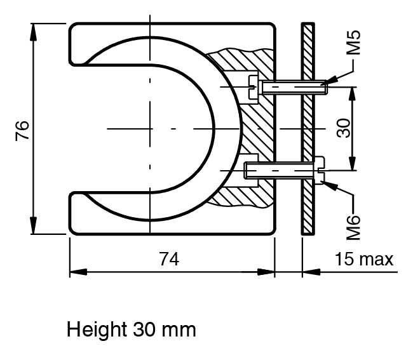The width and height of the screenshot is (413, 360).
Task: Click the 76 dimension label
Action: tap(22, 131)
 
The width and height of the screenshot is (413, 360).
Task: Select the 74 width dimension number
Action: tap(170, 259)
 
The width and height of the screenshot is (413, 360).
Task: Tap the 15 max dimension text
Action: tap(363, 259)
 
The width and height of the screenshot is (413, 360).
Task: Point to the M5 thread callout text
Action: tap(353, 43)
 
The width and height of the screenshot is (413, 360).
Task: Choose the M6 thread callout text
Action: tap(353, 228)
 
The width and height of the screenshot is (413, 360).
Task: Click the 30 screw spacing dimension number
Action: tap(344, 128)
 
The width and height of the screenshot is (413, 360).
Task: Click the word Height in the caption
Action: tap(97, 330)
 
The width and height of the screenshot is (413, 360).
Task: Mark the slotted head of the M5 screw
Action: tap(253, 88)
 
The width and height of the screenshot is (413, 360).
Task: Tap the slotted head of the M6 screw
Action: tap(319, 170)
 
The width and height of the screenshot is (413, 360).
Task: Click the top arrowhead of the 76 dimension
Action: tap(33, 32)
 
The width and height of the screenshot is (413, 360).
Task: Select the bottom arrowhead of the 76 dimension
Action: tap(33, 225)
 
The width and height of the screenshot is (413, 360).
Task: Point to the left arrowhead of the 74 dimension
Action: tap(78, 272)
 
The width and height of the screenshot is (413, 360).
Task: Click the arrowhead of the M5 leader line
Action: tap(331, 80)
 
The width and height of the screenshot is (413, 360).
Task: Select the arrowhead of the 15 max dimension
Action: tap(311, 272)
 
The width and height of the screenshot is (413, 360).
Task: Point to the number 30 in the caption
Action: tap(144, 330)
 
